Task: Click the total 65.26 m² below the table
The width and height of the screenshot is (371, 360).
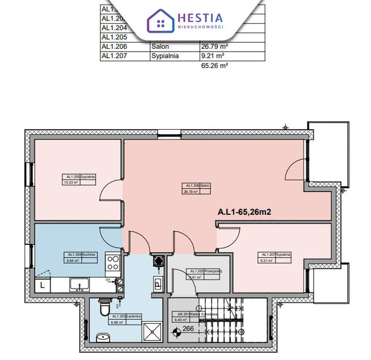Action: coord(214,66)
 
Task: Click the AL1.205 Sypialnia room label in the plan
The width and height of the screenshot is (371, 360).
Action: coord(79,180)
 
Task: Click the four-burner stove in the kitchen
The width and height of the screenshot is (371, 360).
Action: coord(113,264)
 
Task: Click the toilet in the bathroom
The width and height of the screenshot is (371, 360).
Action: coord(103,307)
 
